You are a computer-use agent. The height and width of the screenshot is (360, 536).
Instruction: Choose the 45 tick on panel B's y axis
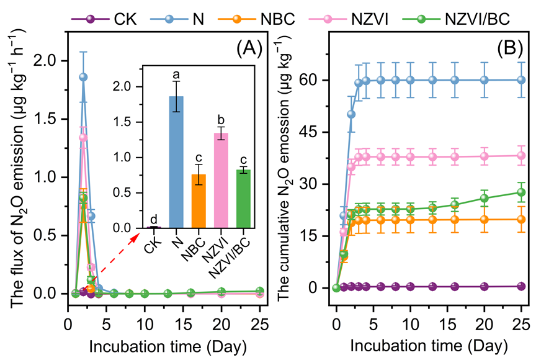[316, 132]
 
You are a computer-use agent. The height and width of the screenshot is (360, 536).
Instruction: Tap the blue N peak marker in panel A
[83, 77]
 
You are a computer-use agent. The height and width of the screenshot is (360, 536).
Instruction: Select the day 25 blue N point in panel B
[521, 79]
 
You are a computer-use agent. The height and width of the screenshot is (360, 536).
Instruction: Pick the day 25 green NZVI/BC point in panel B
[521, 192]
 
